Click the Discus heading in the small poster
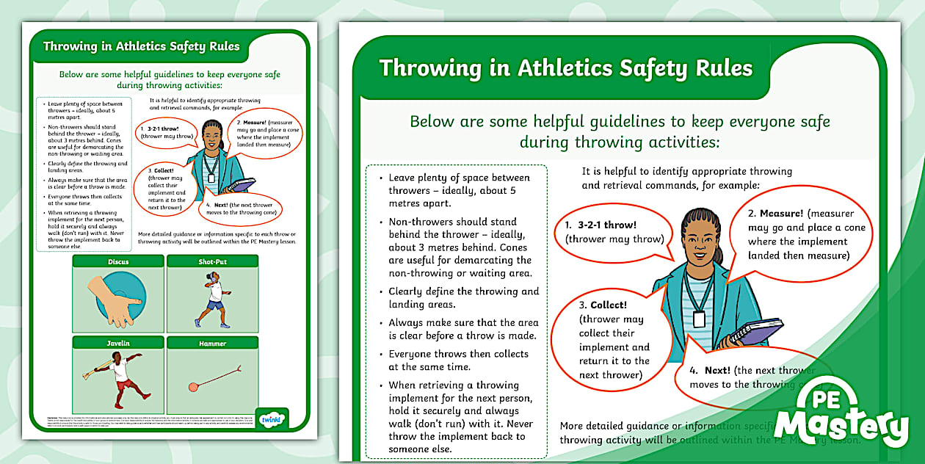(x=118, y=261)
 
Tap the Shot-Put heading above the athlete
(x=212, y=261)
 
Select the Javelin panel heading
(x=118, y=343)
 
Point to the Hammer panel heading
(x=212, y=343)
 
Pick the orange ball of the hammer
(x=194, y=387)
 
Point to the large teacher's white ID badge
(x=699, y=319)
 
